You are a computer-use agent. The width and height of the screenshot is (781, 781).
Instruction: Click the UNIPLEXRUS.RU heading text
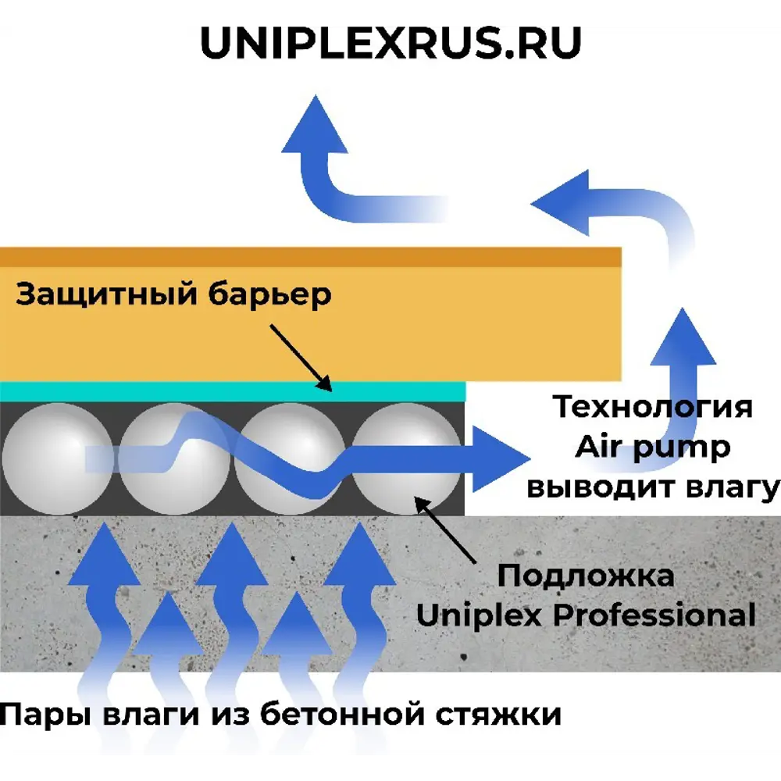pos(390,45)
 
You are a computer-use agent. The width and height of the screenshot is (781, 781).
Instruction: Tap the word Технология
pos(653,407)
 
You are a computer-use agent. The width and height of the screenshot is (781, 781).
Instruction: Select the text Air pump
pos(653,447)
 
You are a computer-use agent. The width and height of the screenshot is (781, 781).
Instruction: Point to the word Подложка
pos(586,576)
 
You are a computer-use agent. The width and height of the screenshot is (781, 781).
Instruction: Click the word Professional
pos(654,615)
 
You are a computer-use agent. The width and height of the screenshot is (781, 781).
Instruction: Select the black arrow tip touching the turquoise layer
pos(326,385)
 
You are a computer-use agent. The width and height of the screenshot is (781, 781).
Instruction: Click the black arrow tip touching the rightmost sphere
pos(419,501)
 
